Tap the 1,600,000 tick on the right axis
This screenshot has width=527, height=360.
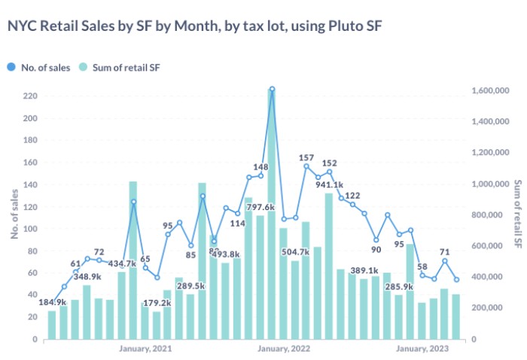[491, 90]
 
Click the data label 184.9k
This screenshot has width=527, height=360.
[52, 301]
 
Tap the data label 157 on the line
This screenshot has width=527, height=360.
[306, 158]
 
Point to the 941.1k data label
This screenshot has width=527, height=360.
[329, 185]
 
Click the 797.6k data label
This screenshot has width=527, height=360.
[260, 207]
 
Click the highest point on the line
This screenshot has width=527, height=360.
[272, 89]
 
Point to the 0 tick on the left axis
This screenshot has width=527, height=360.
[35, 339]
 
